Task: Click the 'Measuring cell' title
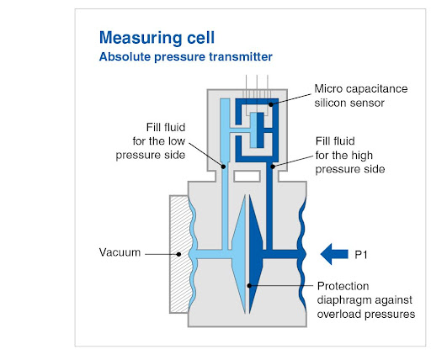[x=157, y=38]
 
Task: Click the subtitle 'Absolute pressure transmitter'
[x=186, y=56]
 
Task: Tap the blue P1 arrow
[x=334, y=254]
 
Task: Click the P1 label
[x=361, y=255]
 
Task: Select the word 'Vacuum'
[x=120, y=252]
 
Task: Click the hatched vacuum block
[x=179, y=254]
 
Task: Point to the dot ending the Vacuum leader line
[x=178, y=254]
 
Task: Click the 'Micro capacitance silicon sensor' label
[x=361, y=96]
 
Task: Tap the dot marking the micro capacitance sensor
[x=271, y=104]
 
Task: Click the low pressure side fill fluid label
[x=151, y=141]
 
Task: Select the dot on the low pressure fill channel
[x=223, y=167]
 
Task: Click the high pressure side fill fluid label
[x=350, y=155]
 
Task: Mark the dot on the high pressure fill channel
[x=273, y=167]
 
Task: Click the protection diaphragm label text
[x=366, y=300]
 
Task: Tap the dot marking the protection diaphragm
[x=249, y=286]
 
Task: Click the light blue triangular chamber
[x=239, y=254]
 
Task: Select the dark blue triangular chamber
[x=255, y=254]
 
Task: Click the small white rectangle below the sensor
[x=247, y=177]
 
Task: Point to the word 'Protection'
[x=343, y=286]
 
